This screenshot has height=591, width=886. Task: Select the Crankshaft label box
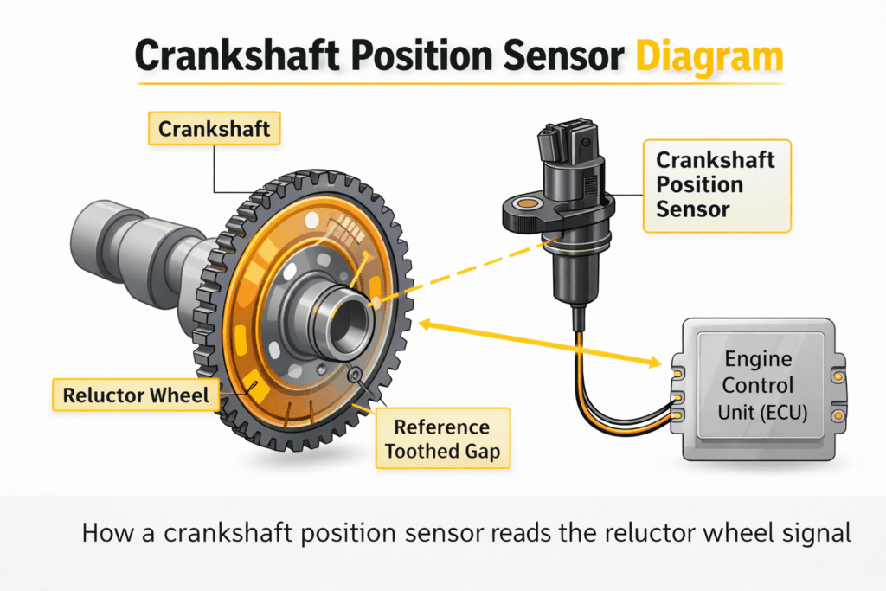(215, 130)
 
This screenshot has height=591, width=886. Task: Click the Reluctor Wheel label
(136, 395)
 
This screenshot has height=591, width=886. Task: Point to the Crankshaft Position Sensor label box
(716, 184)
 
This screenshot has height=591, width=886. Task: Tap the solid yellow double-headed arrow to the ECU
(536, 344)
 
